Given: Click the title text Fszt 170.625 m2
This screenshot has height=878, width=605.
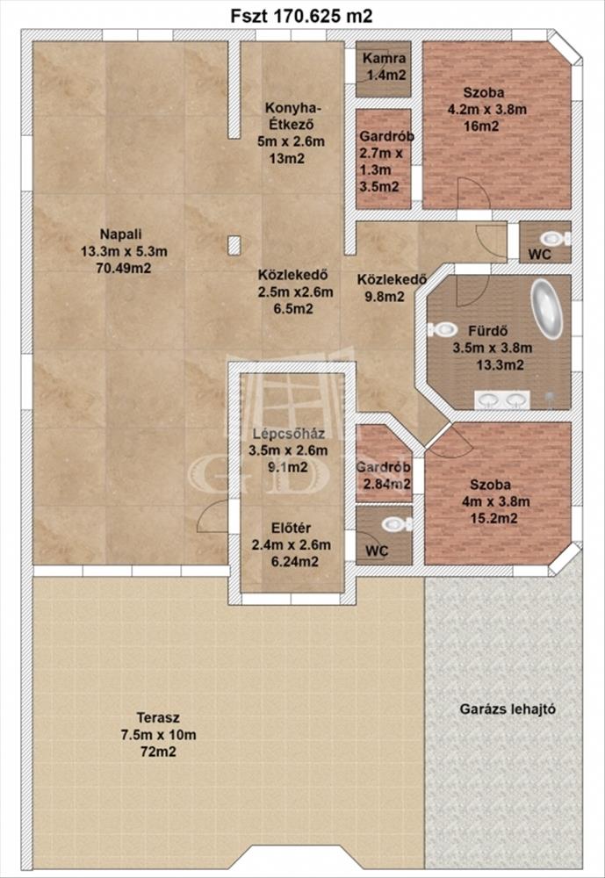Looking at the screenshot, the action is (301, 16).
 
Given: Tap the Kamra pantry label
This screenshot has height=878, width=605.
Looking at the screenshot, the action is (385, 58).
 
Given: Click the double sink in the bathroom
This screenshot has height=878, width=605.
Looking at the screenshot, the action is (502, 399).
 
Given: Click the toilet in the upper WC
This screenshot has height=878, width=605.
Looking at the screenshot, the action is (555, 239).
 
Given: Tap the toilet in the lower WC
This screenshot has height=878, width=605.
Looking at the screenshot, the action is (397, 524).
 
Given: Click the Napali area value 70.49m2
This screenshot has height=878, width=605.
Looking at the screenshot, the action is (125, 268).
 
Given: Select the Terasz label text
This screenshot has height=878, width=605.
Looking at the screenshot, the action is (158, 717).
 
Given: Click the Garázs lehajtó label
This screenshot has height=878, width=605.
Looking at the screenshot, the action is (508, 709).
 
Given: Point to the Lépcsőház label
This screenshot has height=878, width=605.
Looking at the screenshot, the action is (289, 433).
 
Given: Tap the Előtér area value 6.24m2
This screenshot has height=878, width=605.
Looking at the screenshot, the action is (295, 562).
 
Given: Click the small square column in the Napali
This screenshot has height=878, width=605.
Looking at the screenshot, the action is (234, 245).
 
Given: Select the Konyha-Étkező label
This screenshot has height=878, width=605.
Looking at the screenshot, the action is (289, 116).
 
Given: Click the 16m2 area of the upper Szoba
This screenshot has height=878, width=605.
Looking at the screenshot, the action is (481, 126).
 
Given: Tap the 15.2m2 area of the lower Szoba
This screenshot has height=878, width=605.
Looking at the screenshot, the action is (494, 519).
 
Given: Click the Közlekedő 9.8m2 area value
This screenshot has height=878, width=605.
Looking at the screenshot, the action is (385, 296).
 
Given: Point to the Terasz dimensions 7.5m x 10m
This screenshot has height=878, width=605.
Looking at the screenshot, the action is (159, 735).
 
